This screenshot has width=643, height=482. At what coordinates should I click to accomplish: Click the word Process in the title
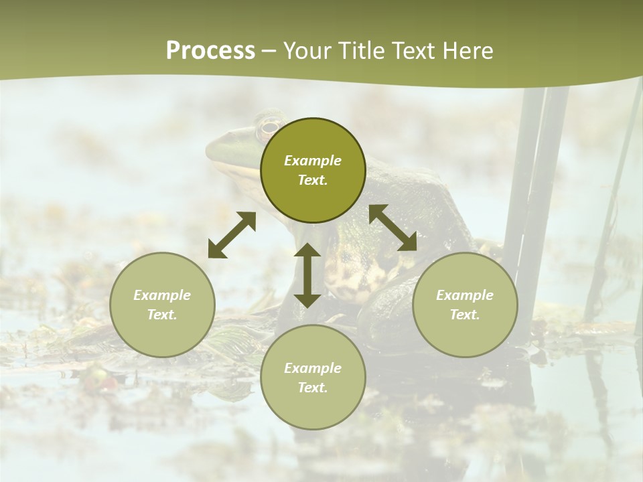point(210,51)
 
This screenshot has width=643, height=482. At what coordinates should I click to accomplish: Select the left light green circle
point(162,305)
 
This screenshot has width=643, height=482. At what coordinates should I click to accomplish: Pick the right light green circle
point(465,305)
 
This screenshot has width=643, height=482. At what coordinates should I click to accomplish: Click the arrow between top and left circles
point(232,235)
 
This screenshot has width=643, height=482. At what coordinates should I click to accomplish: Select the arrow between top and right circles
point(392,228)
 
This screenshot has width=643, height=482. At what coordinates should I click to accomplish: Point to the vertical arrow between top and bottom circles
point(307,275)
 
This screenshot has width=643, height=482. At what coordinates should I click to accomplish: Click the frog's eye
point(269,126)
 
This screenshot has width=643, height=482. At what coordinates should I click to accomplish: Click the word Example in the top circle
point(313,161)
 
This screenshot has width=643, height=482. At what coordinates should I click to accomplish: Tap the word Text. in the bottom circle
point(313,388)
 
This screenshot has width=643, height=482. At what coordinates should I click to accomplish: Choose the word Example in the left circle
point(162,295)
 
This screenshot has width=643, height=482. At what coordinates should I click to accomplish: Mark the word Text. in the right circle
point(465,315)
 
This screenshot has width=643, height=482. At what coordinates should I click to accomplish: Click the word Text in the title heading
point(410,51)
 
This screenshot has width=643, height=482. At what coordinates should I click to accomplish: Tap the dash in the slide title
point(269,52)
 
